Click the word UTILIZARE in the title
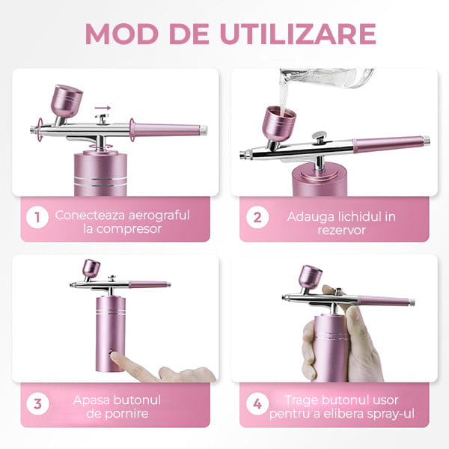298,34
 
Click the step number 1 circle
37,217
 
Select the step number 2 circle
257,217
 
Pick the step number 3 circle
37,404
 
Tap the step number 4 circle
257,404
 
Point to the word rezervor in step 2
342,230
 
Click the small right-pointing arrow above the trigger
103,108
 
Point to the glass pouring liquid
326,78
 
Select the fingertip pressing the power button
115,356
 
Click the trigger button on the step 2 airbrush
320,135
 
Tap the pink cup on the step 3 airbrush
91,269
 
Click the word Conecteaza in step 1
90,216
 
